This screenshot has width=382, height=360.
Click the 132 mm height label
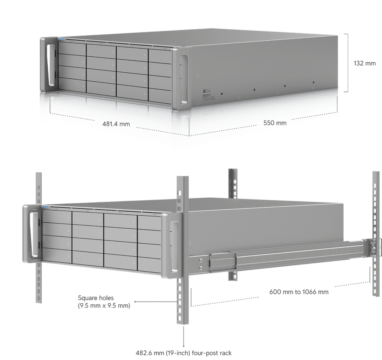364,63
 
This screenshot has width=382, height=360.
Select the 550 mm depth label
275,123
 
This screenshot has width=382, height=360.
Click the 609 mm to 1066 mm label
299,292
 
